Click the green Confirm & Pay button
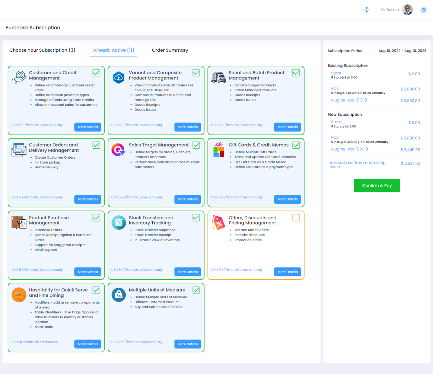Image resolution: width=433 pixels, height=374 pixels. tap(377, 185)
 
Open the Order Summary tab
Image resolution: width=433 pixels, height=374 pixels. tap(170, 50)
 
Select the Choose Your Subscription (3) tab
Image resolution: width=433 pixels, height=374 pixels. tap(42, 50)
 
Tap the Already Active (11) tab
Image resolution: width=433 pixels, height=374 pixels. tap(114, 50)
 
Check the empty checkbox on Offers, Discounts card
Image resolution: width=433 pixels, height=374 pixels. tap(296, 218)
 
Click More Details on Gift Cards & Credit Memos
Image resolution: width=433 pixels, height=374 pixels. tap(287, 199)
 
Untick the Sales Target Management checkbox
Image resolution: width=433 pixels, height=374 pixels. tap(196, 145)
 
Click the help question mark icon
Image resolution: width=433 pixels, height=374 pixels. tap(424, 10)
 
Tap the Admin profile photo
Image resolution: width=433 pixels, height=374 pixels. tap(407, 10)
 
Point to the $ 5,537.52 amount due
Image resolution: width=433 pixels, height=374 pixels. tap(410, 163)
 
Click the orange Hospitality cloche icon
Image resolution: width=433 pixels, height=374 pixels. tap(19, 295)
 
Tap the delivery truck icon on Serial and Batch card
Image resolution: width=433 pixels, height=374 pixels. tap(219, 77)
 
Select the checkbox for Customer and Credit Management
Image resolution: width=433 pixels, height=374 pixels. tap(96, 73)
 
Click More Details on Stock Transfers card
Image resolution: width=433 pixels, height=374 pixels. tap(188, 272)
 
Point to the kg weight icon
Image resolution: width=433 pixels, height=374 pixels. tap(119, 295)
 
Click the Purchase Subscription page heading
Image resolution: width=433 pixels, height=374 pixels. tap(33, 28)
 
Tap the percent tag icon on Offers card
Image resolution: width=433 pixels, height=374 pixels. tap(219, 223)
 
